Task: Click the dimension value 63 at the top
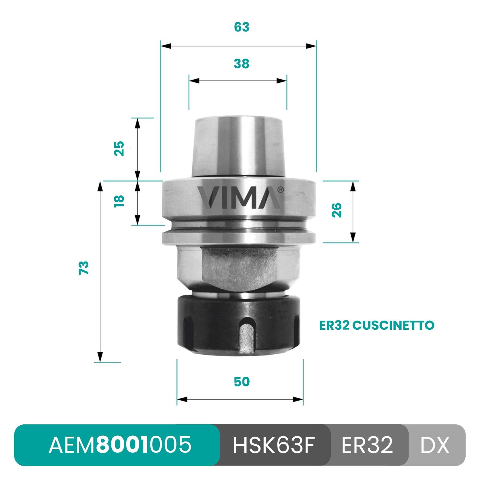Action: tap(241, 27)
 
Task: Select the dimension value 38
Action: tap(241, 64)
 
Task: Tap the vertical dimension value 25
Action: tap(119, 148)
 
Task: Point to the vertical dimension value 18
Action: tap(119, 201)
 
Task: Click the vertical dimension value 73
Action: tap(84, 268)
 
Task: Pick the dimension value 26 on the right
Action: tap(337, 210)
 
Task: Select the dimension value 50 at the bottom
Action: tap(241, 382)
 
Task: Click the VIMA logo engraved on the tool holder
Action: tap(239, 197)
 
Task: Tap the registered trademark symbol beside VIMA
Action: tap(280, 190)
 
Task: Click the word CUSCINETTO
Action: tap(393, 325)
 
